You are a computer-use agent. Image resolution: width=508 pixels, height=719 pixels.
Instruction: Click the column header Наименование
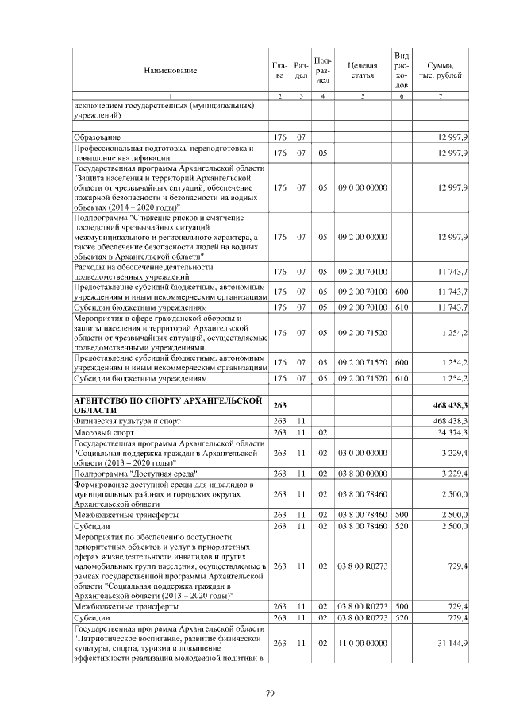pyautogui.click(x=171, y=71)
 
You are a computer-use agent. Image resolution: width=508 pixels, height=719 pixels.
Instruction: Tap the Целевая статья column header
pyautogui.click(x=362, y=71)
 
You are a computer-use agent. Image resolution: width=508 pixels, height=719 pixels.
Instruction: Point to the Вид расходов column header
pyautogui.click(x=402, y=70)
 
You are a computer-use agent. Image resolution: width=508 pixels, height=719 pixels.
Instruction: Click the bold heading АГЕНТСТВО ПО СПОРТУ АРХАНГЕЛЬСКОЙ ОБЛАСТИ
pyautogui.click(x=167, y=404)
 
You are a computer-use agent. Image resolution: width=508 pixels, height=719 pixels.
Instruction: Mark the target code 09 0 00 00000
pyautogui.click(x=362, y=187)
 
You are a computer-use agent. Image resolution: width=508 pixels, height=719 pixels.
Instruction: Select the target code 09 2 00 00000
pyautogui.click(x=362, y=238)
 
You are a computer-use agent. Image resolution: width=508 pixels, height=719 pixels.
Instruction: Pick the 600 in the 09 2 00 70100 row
pyautogui.click(x=402, y=294)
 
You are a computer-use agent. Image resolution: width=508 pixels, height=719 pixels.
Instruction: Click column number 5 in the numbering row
pyautogui.click(x=362, y=97)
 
